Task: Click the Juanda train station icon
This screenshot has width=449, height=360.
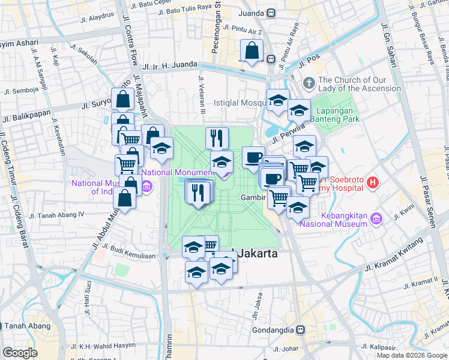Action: coord(271,12)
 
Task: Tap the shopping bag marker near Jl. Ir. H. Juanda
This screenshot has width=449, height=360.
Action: coord(252,52)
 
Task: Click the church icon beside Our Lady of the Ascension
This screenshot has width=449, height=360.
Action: coord(309,83)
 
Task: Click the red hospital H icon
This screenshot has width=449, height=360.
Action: coord(373,182)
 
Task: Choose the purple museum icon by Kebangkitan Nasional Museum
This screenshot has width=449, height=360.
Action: coord(376,218)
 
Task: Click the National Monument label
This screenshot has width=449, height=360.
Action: coord(178,172)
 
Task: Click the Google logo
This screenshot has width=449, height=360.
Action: coord(19,353)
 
